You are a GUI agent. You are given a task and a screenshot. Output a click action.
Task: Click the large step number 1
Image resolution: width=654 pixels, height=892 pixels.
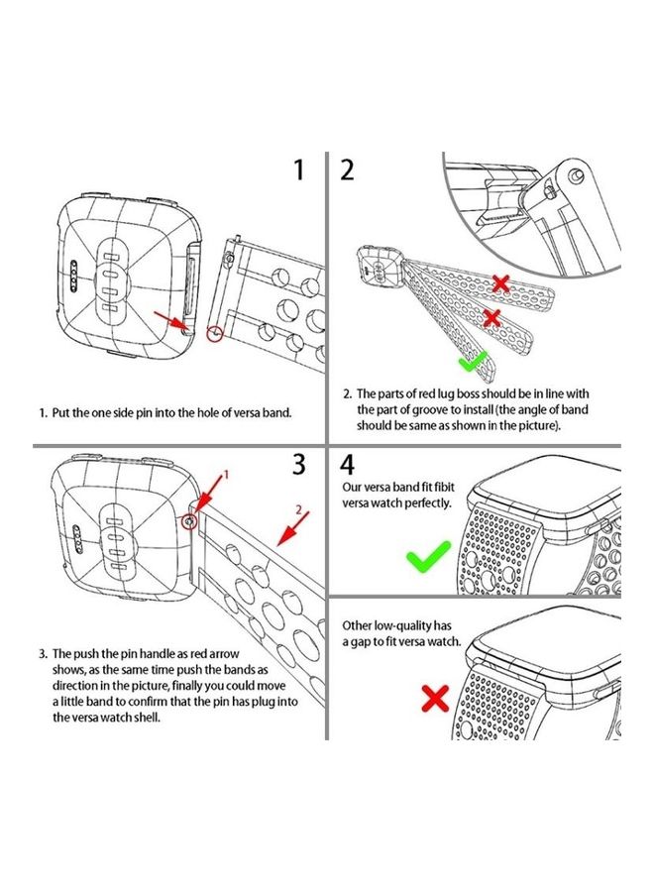(298, 169)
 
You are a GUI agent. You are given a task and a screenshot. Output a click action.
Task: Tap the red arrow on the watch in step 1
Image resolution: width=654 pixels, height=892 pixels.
(175, 319)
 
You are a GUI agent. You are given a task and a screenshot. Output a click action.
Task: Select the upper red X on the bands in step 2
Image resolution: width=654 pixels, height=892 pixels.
(501, 283)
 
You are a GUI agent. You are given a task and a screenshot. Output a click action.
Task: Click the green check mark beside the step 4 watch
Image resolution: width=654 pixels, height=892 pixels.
(428, 558)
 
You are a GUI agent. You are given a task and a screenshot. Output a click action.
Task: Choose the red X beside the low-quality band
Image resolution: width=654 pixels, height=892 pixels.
(435, 699)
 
